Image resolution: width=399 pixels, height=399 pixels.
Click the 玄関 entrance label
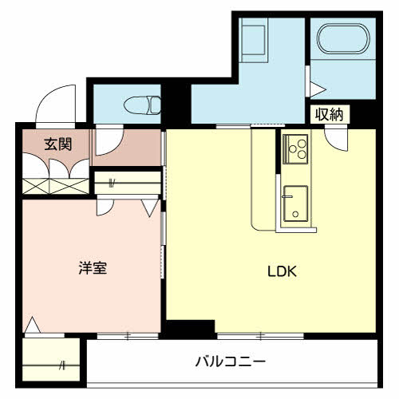click(58, 144)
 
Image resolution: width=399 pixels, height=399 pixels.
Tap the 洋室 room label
click(93, 268)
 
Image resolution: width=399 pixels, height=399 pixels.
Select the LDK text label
click(282, 271)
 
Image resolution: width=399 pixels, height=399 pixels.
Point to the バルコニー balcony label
click(231, 361)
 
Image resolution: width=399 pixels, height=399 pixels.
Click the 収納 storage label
click(330, 114)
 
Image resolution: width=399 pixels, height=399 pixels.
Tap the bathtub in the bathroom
click(343, 39)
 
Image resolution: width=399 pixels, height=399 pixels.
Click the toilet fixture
click(143, 105)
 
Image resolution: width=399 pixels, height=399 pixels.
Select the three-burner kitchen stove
click(295, 149)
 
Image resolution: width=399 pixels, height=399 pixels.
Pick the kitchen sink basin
click(296, 203)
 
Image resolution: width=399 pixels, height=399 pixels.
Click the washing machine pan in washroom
click(253, 40)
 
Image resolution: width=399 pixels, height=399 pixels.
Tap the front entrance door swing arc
click(56, 104)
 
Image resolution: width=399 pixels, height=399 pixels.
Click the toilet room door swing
click(109, 142)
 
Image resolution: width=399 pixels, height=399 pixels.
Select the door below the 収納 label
click(336, 140)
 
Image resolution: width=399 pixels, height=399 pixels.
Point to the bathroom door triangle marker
click(318, 89)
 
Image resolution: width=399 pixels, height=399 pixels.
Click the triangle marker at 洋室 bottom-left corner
click(33, 325)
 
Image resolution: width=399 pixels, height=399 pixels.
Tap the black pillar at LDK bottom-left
click(190, 330)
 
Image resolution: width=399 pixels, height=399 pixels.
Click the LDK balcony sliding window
click(261, 336)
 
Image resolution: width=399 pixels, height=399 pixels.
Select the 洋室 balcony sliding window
click(128, 336)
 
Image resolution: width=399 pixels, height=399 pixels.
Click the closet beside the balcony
click(51, 359)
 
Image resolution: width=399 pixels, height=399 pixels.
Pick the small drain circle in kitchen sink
click(295, 214)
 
